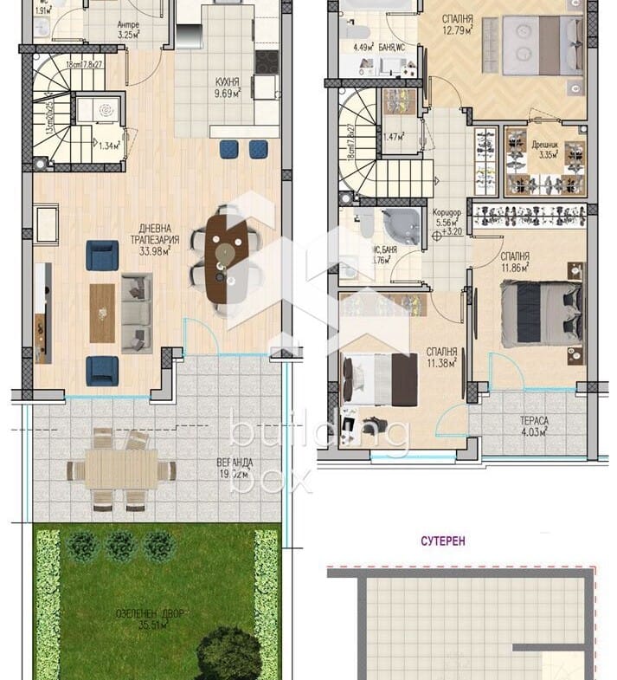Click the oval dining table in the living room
[x=227, y=257]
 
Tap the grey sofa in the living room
[x=136, y=312]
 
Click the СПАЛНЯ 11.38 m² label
[x=441, y=358]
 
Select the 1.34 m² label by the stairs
[x=108, y=146]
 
